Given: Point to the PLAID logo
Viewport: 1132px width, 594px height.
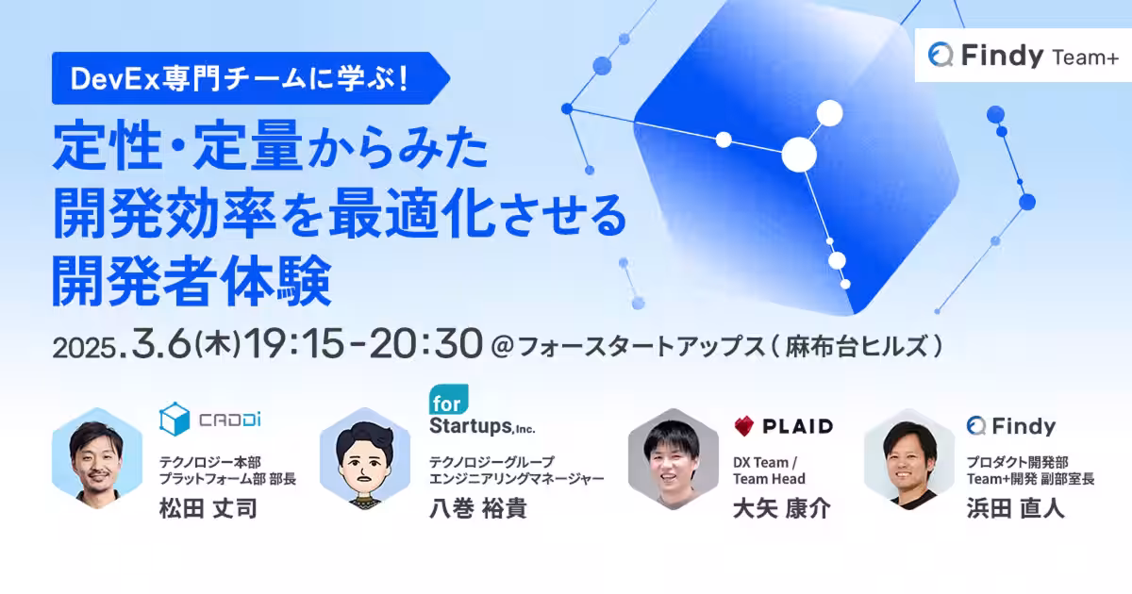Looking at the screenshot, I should pos(783,426).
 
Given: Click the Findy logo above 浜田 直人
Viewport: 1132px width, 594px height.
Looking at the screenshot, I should pos(1010,426).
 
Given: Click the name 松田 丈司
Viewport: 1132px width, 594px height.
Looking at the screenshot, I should pos(208,509).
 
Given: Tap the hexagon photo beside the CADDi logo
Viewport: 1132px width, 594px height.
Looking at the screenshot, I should pos(97,460).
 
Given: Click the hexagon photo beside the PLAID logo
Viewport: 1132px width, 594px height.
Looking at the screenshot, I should pos(674,460).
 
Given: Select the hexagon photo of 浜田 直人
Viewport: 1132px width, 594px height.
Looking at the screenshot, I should pos(909,460).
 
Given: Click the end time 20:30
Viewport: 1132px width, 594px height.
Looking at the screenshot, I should pos(424,345).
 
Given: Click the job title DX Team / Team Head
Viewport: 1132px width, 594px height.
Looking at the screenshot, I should pos(769,470).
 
